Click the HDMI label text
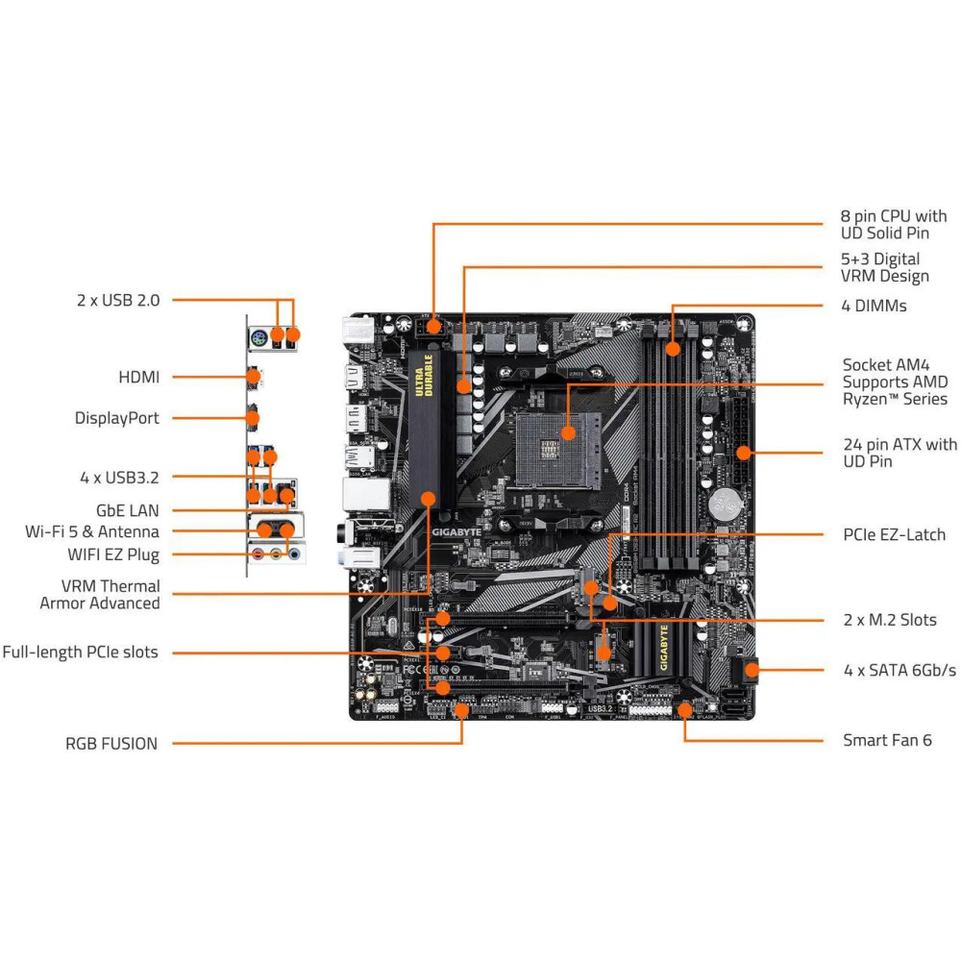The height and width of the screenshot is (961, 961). pos(138,378)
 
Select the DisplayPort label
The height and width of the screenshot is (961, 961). pos(117,418)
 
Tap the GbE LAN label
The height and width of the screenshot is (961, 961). pos(128,511)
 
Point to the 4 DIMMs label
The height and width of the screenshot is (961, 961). pos(875,307)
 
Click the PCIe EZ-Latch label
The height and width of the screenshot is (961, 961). pos(894,534)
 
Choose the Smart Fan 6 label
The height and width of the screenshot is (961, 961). pos(887,740)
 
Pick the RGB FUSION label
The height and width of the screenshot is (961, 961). pos(111,743)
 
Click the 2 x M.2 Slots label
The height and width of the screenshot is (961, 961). pos(889,620)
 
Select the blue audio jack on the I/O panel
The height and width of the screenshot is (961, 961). pos(294,554)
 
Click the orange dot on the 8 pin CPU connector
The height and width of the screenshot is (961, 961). pos(433,326)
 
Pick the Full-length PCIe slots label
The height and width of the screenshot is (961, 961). pos(80,653)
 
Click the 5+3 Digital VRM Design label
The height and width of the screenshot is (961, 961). pos(885,267)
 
